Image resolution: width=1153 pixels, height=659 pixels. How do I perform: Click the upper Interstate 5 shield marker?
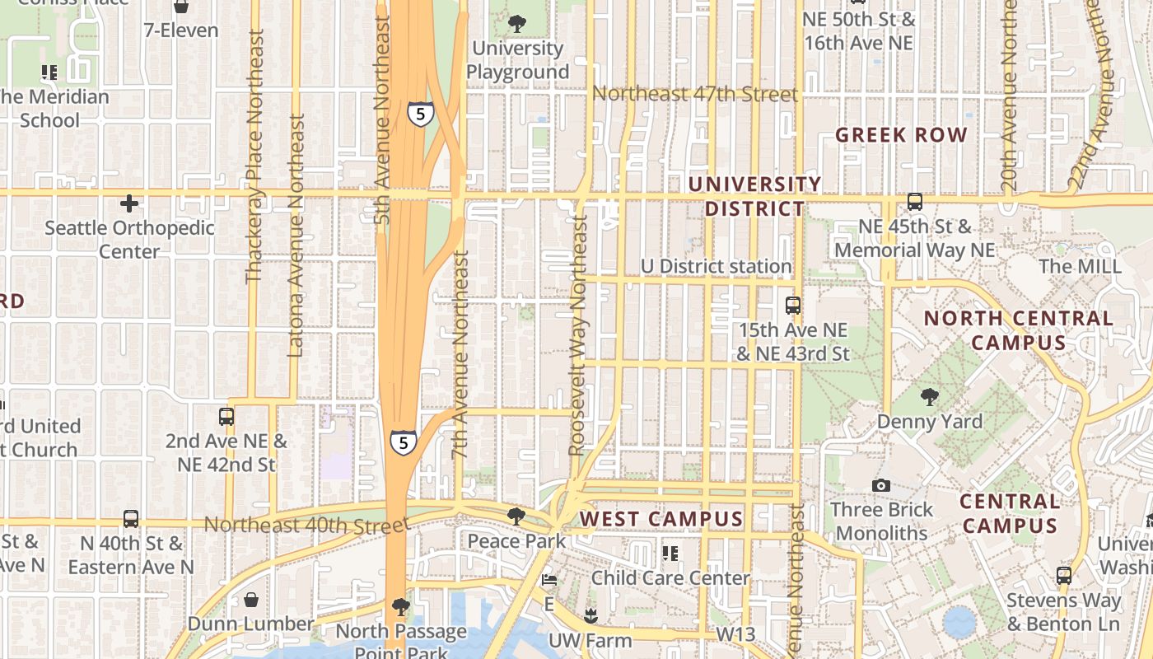420,114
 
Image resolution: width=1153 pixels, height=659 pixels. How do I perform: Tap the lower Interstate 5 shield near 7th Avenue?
402,442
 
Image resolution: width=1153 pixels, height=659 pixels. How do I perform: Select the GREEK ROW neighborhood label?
901,135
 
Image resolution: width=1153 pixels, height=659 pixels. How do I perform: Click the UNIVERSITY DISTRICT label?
755,196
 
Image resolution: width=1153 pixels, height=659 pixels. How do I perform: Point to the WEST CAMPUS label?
661,519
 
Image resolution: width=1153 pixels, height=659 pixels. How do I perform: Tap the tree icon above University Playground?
517,23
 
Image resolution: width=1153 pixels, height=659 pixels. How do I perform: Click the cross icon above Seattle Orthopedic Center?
129,203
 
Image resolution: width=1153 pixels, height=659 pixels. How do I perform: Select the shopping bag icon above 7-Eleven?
181,7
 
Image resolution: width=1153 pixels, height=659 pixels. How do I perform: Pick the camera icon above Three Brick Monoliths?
881,485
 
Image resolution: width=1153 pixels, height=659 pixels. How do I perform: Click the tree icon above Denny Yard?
930,396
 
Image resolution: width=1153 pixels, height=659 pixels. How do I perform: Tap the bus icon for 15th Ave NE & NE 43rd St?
792,306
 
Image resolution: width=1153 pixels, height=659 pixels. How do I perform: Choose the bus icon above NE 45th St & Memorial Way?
914,202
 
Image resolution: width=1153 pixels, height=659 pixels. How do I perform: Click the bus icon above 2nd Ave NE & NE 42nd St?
226,417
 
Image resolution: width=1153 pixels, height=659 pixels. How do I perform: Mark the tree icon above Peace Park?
516,516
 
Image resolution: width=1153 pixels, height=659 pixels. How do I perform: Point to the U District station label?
716,266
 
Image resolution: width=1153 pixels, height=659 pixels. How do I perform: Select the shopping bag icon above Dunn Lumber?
250,599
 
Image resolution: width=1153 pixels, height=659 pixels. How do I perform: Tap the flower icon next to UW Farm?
590,615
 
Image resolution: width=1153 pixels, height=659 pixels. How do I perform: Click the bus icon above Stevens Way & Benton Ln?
1064,575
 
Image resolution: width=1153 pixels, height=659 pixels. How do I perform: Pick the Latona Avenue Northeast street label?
296,235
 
